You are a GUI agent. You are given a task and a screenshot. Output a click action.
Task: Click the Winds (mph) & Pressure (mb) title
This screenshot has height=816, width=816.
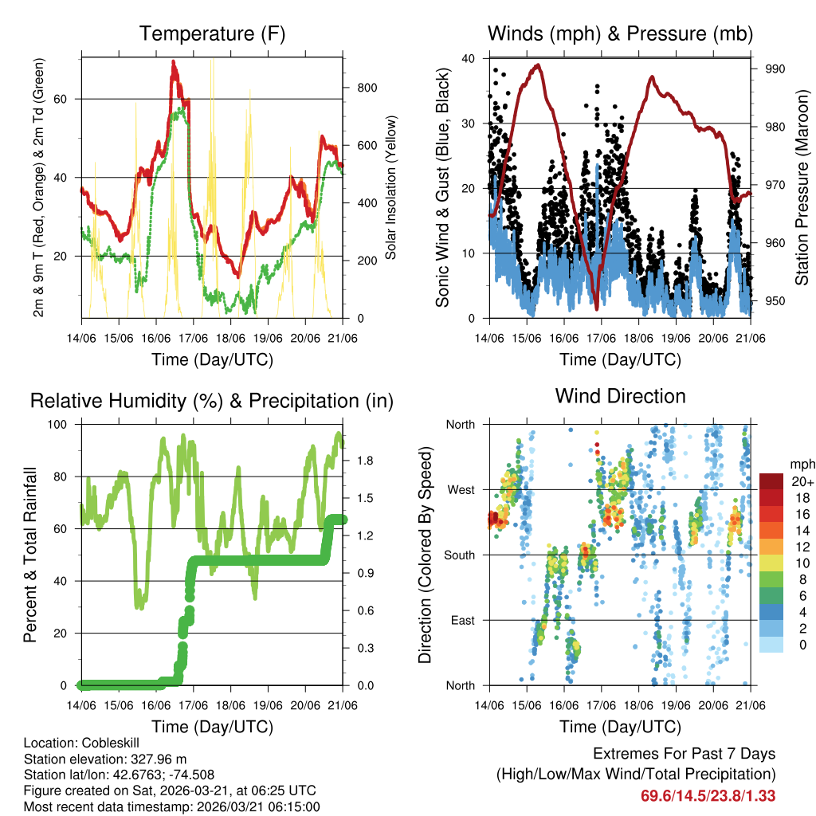click(620, 33)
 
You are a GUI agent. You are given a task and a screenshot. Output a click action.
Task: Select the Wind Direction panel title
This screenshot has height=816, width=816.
click(620, 395)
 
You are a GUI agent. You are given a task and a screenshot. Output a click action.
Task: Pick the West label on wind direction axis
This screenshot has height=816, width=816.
click(461, 489)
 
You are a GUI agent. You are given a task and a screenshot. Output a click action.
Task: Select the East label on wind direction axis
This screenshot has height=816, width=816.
click(462, 620)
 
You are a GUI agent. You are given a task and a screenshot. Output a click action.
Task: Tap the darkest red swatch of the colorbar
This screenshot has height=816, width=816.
click(771, 481)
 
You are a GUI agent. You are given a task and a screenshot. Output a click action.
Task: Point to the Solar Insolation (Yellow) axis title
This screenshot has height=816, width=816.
click(391, 188)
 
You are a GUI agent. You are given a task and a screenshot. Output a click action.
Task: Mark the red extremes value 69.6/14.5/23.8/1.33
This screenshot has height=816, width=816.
click(708, 795)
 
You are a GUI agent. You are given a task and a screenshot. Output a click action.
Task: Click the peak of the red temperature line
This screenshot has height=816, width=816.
click(174, 61)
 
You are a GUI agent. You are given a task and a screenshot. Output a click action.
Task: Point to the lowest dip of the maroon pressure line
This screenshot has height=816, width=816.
click(596, 308)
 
